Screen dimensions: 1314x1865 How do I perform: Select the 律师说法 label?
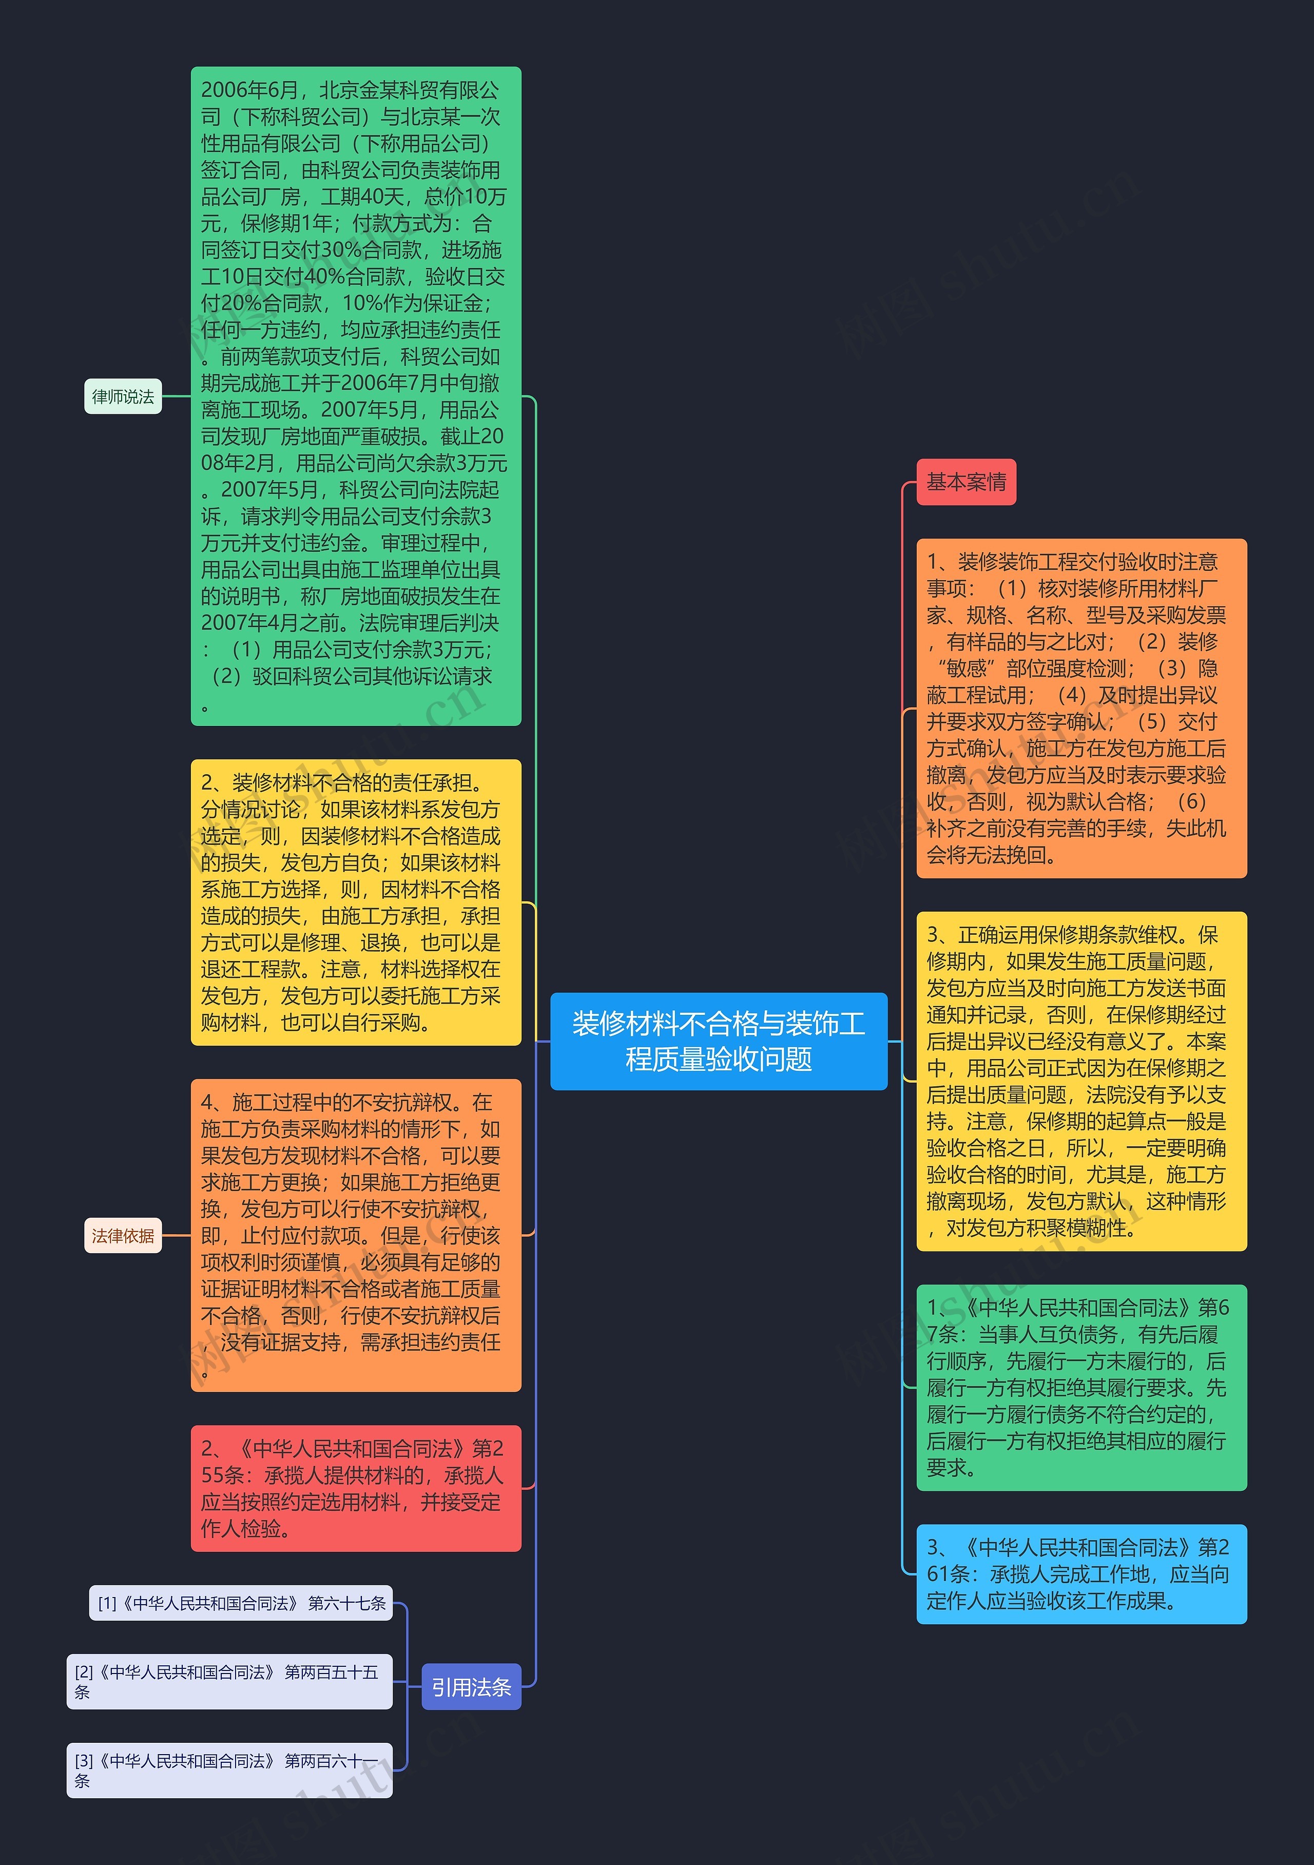(123, 396)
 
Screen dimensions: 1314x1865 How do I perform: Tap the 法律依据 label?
(123, 1236)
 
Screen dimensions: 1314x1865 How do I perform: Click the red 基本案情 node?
(965, 482)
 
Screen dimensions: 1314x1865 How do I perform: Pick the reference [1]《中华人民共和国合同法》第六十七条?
(241, 1603)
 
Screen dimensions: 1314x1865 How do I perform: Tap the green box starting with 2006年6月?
(356, 396)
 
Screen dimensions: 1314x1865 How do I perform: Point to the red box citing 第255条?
(356, 1488)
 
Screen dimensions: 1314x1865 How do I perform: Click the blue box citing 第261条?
(1081, 1573)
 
